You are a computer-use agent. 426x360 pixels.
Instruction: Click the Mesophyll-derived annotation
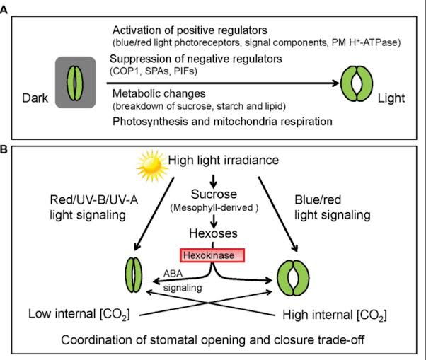click(x=212, y=208)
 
